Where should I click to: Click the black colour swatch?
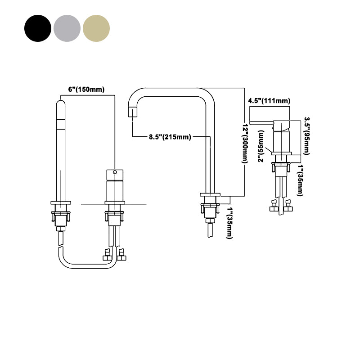click(x=38, y=28)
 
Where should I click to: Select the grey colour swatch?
click(x=67, y=28)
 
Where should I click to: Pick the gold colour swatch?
click(x=96, y=28)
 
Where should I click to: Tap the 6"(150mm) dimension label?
click(x=86, y=89)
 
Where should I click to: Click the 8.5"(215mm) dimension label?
click(x=170, y=137)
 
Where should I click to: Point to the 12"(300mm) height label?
click(x=245, y=144)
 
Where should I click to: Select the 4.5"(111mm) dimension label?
click(x=269, y=101)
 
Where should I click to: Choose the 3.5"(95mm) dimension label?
click(x=307, y=136)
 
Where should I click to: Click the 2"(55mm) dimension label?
click(x=261, y=146)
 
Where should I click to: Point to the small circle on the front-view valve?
click(x=115, y=172)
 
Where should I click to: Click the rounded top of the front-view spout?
click(x=61, y=103)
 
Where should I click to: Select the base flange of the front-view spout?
click(x=61, y=203)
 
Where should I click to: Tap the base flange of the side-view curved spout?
click(x=210, y=195)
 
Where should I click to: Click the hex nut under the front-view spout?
click(x=61, y=229)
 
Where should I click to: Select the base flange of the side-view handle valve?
click(x=281, y=153)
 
